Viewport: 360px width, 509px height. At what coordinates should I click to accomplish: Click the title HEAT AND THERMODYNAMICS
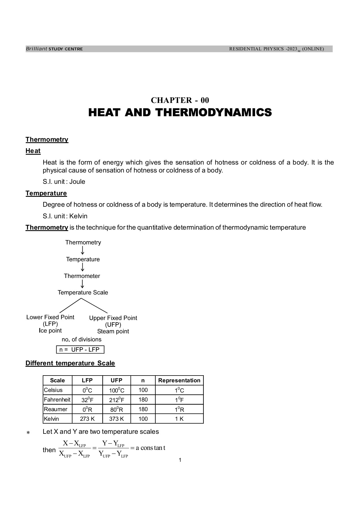pos(180,113)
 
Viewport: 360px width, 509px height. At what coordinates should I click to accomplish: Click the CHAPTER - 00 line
pos(180,100)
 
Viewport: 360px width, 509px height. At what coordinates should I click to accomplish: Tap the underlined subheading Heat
pos(33,151)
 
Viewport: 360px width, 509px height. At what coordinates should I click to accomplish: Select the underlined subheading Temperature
pos(46,193)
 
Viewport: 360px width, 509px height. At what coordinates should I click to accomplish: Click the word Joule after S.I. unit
pos(77,182)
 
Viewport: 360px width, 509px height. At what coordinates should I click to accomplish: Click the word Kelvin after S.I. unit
pos(78,216)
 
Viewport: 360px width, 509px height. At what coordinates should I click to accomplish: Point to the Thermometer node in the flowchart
pos(82,276)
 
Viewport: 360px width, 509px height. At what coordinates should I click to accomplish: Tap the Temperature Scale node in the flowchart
pos(83,292)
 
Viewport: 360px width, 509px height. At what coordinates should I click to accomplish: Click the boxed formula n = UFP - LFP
pos(80,350)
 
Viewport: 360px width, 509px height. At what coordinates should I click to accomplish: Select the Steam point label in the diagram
pos(113,331)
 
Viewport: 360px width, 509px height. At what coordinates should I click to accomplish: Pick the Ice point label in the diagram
pos(50,331)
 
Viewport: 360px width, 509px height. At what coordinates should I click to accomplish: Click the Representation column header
pos(179,380)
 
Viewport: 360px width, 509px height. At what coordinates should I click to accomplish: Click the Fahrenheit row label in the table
pos(57,400)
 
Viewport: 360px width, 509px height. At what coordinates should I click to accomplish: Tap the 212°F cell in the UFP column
pos(117,400)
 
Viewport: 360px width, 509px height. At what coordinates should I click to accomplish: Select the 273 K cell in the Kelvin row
pos(87,419)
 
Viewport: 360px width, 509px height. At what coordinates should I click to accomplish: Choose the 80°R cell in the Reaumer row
pos(117,409)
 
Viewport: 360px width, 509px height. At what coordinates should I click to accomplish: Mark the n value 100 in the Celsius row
pos(143,390)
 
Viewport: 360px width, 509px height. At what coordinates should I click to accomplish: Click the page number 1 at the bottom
pos(180,460)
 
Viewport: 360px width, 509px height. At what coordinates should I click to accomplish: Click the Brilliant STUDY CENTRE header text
pos(54,49)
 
